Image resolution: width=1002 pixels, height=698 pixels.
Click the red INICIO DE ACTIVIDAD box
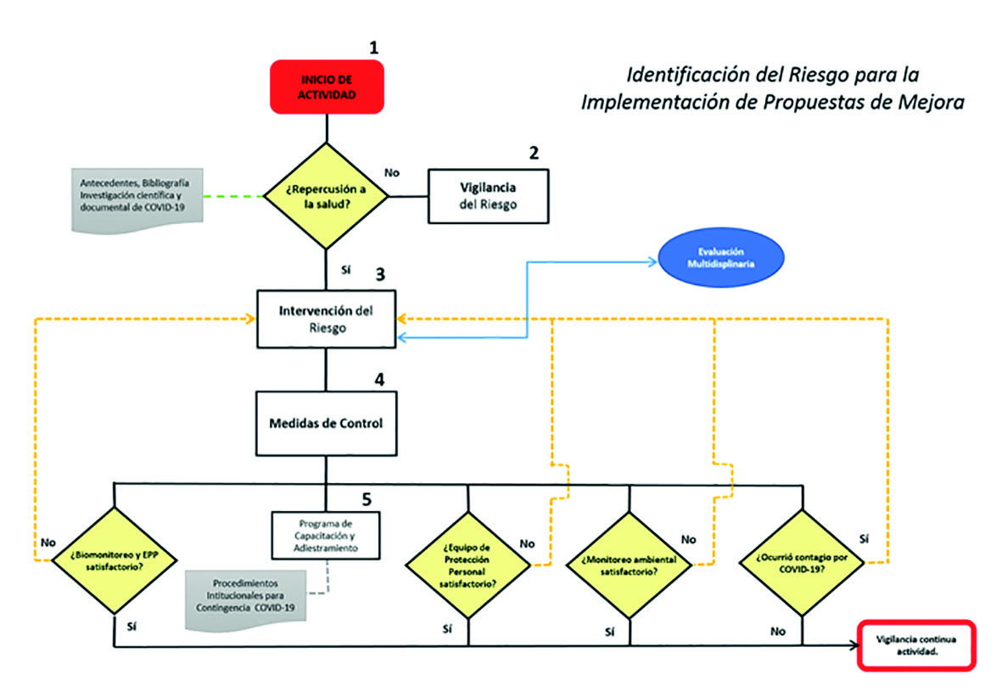[327, 87]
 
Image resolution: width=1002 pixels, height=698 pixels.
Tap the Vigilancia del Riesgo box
[488, 196]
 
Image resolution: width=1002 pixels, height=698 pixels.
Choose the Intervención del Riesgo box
[327, 318]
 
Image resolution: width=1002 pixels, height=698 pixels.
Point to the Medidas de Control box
[327, 422]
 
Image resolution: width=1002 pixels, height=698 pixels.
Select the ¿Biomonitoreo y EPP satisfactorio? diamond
[114, 560]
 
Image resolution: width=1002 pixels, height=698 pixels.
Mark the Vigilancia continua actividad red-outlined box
[917, 646]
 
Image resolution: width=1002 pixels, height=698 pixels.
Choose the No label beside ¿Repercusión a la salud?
[392, 172]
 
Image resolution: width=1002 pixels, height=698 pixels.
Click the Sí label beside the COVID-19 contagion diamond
[864, 538]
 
